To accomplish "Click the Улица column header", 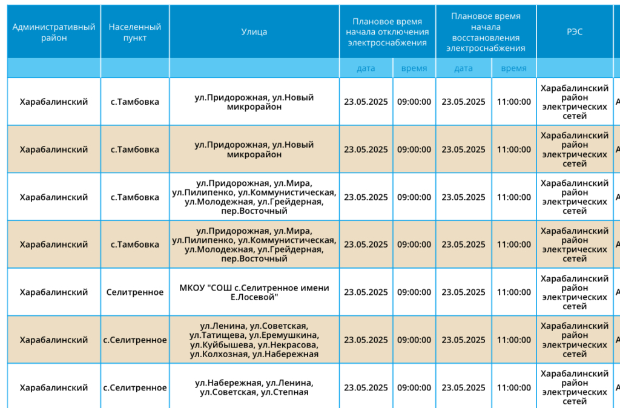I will [254, 32].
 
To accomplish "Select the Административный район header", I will [54, 32].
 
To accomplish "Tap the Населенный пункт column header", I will [135, 32].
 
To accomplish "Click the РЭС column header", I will [575, 32].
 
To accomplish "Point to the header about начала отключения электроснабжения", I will [387, 32].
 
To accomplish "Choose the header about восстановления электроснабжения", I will [486, 32].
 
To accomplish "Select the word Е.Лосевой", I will [254, 297].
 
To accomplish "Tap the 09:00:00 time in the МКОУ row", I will [414, 292].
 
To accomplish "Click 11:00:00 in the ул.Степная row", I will [513, 388].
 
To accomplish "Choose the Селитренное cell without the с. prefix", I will [135, 292].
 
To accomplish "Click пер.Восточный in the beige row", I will [254, 259].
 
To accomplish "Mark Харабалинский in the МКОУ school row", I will [54, 292].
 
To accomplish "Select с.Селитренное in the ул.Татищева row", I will [135, 340].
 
